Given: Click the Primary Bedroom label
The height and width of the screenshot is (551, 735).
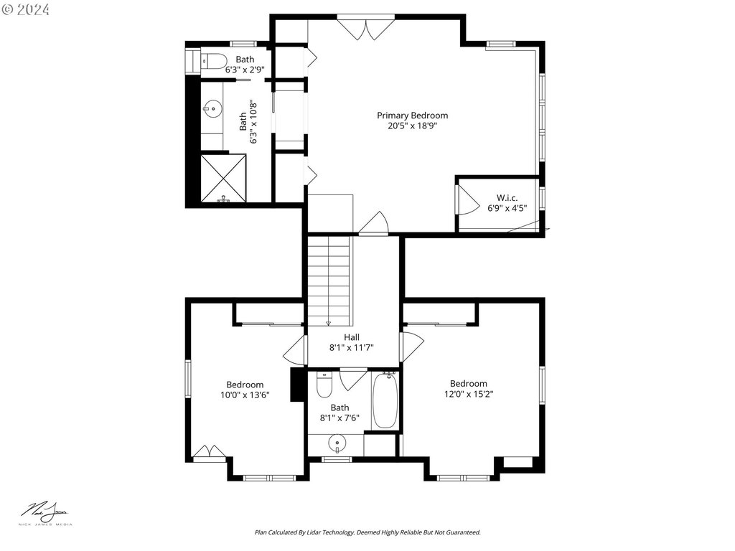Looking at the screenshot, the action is point(413,116).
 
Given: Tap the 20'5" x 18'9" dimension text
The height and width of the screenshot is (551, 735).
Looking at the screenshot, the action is point(413,126).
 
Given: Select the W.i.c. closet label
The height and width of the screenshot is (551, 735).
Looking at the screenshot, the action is point(507,198).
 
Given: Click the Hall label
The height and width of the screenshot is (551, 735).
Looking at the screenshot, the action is point(352,337).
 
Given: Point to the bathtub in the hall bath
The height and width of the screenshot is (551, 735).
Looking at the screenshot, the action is point(385,400).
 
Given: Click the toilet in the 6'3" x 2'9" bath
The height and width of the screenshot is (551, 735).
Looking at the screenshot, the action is point(214,61).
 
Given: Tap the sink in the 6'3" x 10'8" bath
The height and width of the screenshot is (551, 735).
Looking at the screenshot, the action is point(212,109).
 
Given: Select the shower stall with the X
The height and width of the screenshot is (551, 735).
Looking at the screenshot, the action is point(223,179).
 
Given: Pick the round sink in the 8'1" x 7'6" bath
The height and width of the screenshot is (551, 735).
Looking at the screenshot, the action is point(337,443).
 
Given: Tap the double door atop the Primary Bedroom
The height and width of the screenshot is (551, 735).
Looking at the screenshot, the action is point(366,29).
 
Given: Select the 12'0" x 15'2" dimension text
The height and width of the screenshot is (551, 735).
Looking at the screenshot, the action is point(469,394).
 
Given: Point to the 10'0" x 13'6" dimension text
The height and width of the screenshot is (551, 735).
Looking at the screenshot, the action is point(245,395).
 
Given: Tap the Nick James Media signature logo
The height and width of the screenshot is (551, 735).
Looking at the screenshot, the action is point(45,513).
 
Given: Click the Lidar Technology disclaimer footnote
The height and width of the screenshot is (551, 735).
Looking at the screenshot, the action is point(367,532).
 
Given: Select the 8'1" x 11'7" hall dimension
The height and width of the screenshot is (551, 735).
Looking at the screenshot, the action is point(352,348).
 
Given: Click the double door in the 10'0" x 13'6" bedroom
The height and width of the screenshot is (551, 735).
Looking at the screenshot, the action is point(210,452).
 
